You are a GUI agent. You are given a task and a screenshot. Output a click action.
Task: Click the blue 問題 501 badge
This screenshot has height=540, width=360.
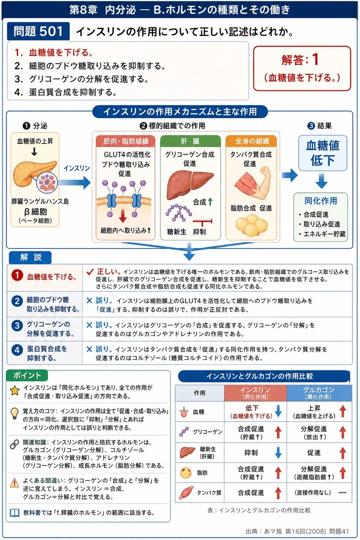(38, 31)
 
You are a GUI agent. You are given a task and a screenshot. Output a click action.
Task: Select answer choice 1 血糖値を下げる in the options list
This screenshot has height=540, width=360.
(54, 53)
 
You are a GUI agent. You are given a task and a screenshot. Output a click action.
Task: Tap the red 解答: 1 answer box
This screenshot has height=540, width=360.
(302, 68)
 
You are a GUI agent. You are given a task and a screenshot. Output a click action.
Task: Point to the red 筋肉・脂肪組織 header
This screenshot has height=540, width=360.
(125, 141)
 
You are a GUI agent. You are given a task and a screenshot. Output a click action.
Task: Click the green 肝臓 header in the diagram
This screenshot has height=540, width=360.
(190, 141)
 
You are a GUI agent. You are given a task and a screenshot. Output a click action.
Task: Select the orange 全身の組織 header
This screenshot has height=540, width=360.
(251, 141)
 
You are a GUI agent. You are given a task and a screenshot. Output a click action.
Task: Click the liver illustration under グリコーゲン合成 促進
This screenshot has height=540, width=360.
(190, 184)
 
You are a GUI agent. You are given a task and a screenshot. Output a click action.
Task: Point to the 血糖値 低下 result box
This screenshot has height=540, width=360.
(322, 153)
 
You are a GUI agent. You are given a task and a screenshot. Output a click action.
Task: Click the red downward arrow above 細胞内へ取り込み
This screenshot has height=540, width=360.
(123, 216)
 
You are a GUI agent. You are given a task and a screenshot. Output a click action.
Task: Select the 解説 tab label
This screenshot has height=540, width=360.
(30, 257)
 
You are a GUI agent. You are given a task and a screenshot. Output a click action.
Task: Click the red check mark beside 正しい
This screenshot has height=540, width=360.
(90, 272)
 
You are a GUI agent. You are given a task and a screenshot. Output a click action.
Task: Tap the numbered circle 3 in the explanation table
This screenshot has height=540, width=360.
(17, 326)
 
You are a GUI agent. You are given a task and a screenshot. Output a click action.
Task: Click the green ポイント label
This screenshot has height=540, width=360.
(27, 375)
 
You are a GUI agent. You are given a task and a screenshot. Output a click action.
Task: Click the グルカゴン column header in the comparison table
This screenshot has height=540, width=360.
(319, 393)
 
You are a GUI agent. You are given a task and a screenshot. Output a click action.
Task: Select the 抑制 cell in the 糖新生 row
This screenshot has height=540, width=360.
(251, 453)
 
